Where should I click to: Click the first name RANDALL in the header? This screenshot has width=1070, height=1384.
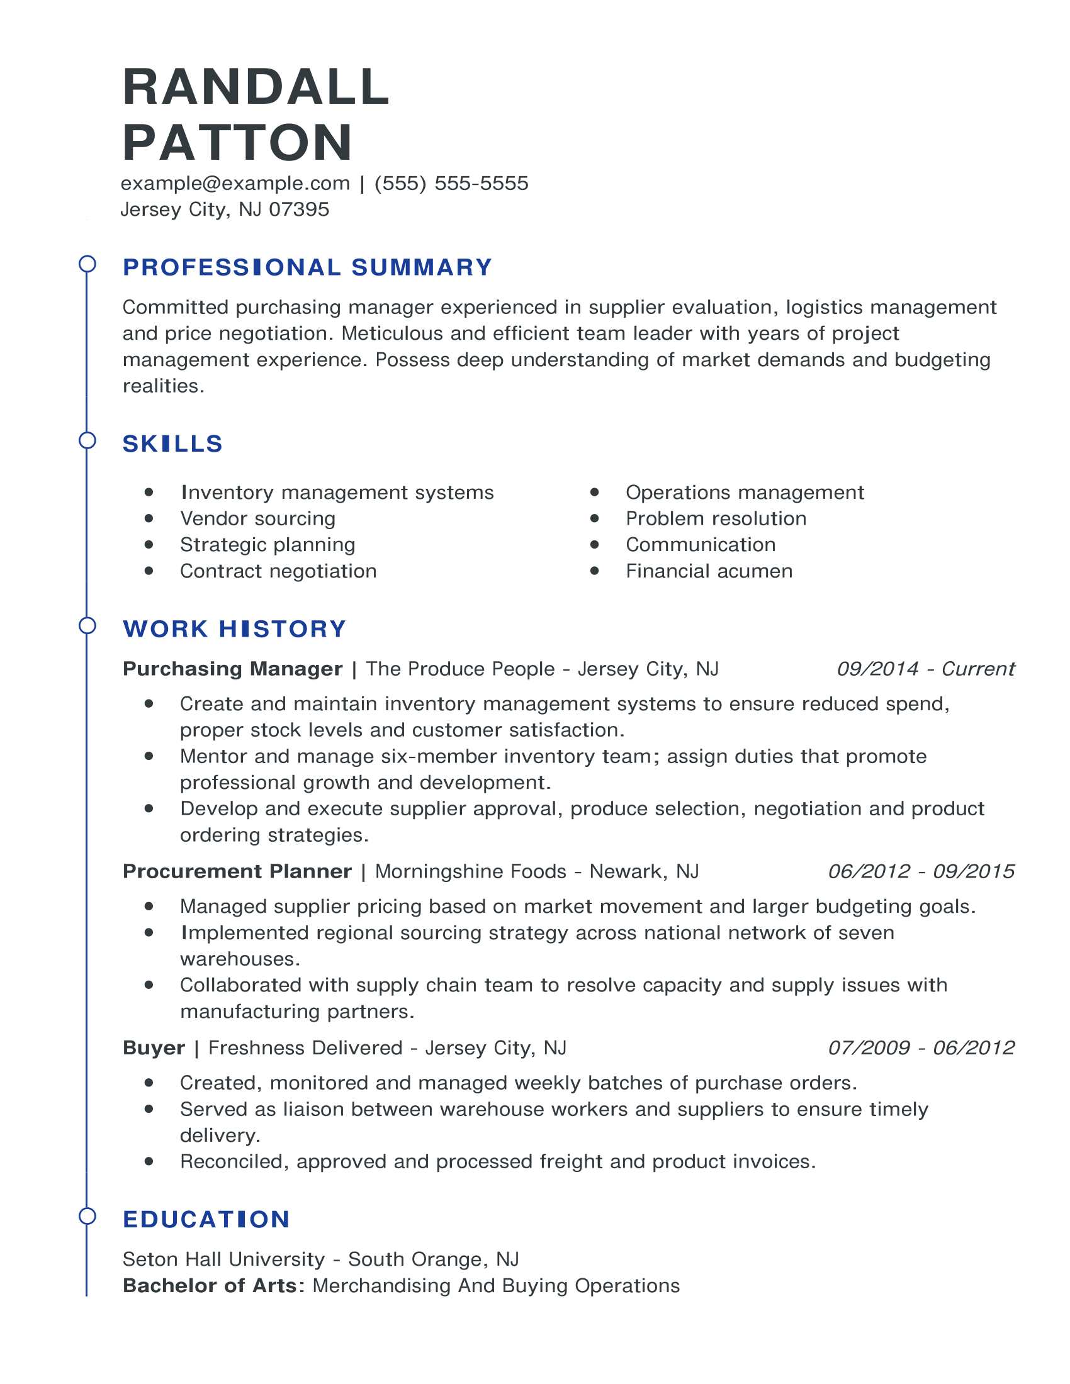(x=256, y=87)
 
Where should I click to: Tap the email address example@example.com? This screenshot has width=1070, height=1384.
(x=235, y=183)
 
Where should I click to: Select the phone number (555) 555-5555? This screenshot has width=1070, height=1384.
(x=451, y=183)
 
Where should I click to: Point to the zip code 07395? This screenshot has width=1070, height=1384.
(x=299, y=209)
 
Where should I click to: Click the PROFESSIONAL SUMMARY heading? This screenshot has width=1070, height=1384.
(x=307, y=267)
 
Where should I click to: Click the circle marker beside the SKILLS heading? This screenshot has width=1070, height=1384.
(x=87, y=440)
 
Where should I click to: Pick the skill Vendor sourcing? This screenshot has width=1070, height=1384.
(x=257, y=518)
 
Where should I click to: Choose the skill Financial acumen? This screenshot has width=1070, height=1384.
(x=709, y=571)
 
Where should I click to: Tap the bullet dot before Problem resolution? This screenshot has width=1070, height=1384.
(x=595, y=518)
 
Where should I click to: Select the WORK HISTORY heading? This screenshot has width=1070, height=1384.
(x=235, y=628)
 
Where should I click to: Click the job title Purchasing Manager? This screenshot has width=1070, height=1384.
(x=233, y=669)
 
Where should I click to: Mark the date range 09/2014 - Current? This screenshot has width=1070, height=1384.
(x=925, y=669)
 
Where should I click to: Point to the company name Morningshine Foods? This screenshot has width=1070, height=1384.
(x=470, y=871)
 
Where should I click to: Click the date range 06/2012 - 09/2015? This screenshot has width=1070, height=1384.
(x=921, y=871)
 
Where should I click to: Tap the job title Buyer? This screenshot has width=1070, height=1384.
(x=154, y=1047)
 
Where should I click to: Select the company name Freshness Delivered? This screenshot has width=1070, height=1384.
(x=305, y=1047)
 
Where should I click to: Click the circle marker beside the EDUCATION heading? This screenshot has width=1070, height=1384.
(x=87, y=1216)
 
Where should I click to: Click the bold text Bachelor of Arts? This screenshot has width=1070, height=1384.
(x=209, y=1285)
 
